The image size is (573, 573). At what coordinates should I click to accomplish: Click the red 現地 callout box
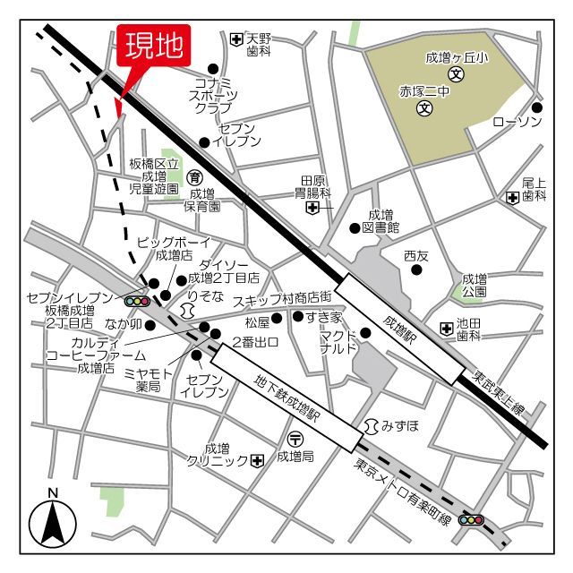click(154, 46)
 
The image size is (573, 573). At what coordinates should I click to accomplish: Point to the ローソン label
click(517, 121)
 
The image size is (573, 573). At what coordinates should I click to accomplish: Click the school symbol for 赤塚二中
click(424, 110)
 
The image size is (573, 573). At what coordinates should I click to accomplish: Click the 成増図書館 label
click(381, 221)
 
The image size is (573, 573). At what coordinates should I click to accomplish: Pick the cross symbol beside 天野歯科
click(235, 38)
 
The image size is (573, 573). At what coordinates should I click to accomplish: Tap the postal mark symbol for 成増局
click(295, 438)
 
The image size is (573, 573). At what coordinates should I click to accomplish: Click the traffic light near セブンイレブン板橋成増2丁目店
click(136, 302)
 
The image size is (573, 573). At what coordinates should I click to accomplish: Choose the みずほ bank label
click(399, 424)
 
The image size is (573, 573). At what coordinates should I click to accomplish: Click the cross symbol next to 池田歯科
click(446, 329)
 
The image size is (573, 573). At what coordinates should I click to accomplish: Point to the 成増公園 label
click(475, 285)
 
